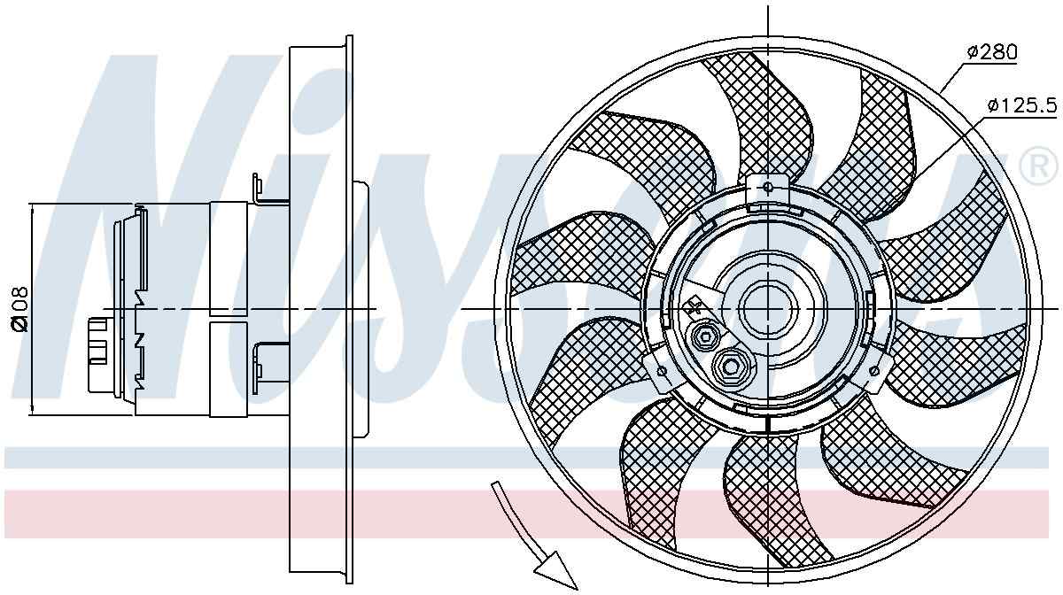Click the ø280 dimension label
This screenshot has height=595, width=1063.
pyautogui.click(x=991, y=52)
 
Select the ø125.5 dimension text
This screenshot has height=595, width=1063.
pyautogui.click(x=1021, y=106)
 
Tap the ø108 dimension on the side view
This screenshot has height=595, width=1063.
pyautogui.click(x=19, y=308)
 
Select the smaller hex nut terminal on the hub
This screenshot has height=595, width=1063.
pyautogui.click(x=706, y=336)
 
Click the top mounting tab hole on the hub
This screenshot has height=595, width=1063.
pyautogui.click(x=767, y=188)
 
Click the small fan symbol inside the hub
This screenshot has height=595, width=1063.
pyautogui.click(x=694, y=307)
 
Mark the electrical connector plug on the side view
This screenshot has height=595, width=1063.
pyautogui.click(x=98, y=354)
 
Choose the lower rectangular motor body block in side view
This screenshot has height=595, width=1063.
pyautogui.click(x=228, y=367)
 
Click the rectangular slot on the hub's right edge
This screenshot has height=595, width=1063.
pyautogui.click(x=871, y=307)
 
